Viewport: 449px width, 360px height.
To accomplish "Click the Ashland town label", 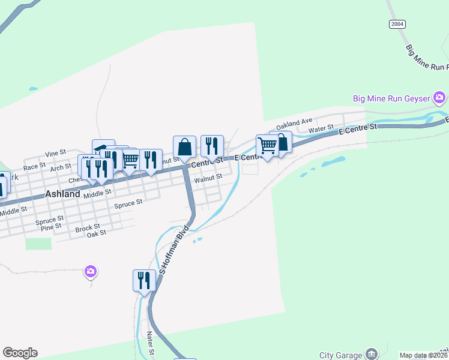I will pos(63,194).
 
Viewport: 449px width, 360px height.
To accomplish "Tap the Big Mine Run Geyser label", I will pos(391,98).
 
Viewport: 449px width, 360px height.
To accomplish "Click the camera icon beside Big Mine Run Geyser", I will pos(439,97).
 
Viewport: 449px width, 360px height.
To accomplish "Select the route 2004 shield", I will pos(397,24).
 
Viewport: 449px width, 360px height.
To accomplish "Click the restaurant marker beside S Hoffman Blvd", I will pos(144,280).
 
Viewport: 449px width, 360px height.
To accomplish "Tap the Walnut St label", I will pos(208,177).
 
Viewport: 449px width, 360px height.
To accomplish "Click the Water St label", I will pos(321,129).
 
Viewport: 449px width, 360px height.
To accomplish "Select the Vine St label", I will pos(55,154).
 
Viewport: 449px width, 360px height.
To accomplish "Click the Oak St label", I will pos(96,233).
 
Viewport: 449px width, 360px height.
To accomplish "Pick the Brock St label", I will pos(87,229).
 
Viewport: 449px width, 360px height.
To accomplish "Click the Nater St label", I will pos(150,344).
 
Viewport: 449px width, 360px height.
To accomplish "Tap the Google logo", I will pos(20,353).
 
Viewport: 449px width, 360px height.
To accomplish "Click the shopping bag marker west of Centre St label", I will pos(184,147).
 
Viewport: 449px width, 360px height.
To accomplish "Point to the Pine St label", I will pos(50,226).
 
